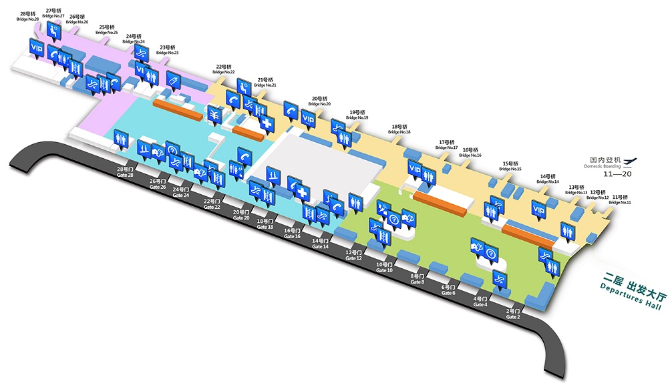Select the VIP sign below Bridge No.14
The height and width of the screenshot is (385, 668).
[539, 210]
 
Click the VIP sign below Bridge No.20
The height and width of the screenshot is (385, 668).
[308, 119]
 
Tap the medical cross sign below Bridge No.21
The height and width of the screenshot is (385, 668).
[267, 124]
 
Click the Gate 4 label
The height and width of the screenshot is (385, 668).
[480, 302]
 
